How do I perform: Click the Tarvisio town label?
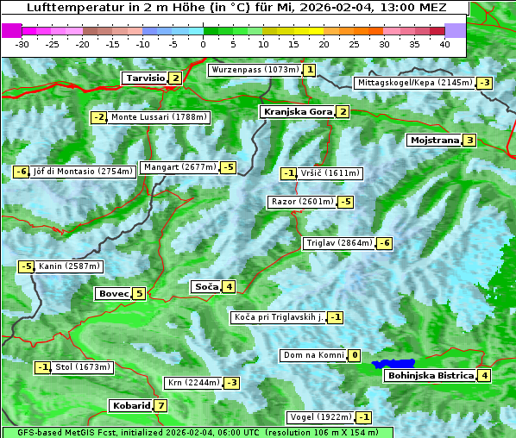click(x=145, y=78)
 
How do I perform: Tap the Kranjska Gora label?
click(x=297, y=112)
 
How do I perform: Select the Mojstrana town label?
click(x=434, y=140)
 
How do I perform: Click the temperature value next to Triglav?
click(x=385, y=243)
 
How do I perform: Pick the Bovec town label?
click(x=113, y=293)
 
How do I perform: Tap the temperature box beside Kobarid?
click(x=161, y=405)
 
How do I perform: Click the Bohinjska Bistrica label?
click(x=430, y=375)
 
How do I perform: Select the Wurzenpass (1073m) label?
click(x=255, y=70)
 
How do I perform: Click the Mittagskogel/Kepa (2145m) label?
click(x=414, y=83)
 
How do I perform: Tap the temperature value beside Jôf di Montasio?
click(x=21, y=172)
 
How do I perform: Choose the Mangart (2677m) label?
click(x=179, y=167)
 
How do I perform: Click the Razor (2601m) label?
click(x=301, y=202)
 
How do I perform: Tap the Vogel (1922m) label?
click(x=319, y=417)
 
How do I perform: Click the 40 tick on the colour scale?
click(x=444, y=43)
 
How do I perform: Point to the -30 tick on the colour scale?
click(x=22, y=43)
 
